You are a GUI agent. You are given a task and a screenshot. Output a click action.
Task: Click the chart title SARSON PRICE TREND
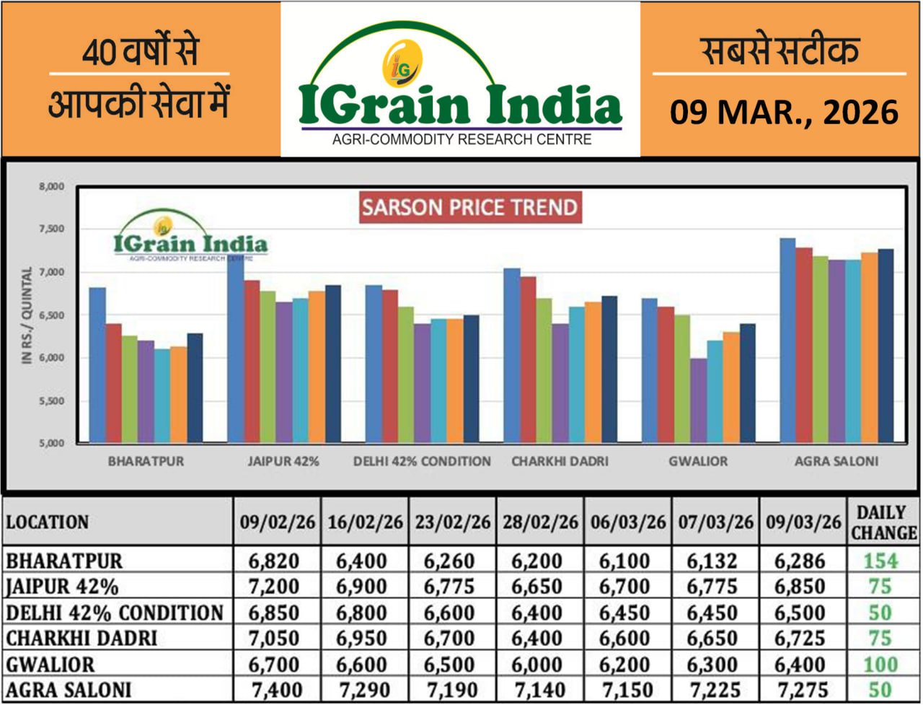470,208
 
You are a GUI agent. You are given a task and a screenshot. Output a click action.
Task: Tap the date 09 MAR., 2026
784,113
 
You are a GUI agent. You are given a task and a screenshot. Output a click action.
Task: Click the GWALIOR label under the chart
697,461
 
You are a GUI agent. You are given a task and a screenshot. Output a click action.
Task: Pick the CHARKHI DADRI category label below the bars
560,461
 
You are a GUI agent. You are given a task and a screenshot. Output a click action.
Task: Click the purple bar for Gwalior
697,400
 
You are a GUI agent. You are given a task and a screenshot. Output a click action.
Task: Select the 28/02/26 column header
539,522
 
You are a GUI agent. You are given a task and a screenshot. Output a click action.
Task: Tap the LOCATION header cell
48,522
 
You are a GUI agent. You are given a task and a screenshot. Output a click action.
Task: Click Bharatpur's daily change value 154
881,561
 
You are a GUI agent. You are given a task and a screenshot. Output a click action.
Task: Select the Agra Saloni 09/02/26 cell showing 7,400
275,691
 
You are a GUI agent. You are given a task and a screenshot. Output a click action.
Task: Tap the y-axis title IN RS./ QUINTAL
27,315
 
